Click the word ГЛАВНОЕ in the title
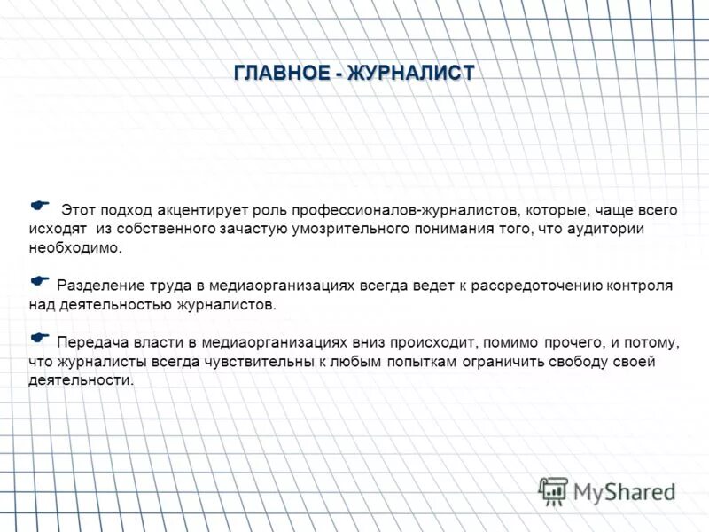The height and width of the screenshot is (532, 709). point(281,74)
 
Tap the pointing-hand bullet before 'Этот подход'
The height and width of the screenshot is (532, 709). point(39,206)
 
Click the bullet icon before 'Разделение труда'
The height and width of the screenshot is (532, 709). point(39,280)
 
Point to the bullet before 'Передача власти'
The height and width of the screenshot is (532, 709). point(39,337)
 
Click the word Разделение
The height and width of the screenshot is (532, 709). point(97,286)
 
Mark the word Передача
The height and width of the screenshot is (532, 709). point(88,342)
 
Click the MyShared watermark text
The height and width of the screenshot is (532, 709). point(624,490)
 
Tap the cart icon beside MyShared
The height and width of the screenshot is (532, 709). point(553,490)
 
